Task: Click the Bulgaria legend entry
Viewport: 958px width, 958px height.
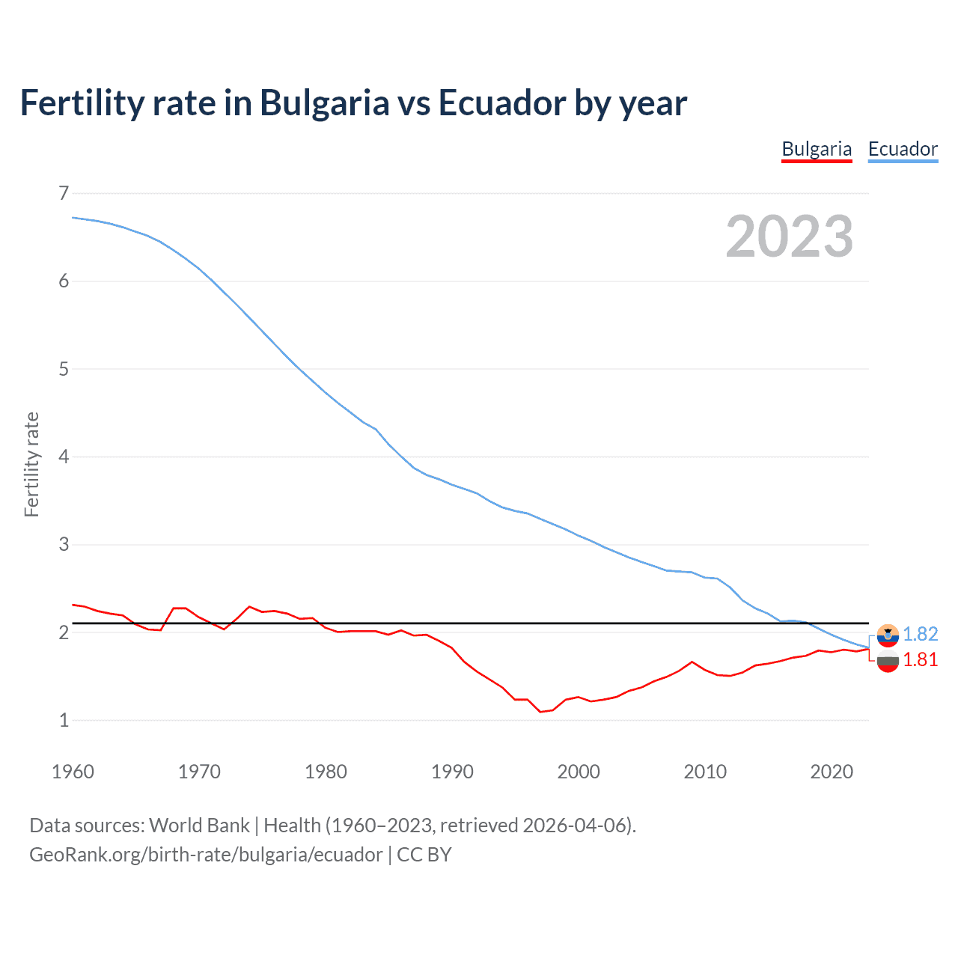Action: pyautogui.click(x=817, y=149)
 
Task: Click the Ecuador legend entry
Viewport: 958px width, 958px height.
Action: pyautogui.click(x=903, y=149)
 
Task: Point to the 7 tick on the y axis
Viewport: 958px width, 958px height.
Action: pyautogui.click(x=64, y=193)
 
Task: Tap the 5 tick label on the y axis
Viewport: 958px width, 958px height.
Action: pyautogui.click(x=64, y=369)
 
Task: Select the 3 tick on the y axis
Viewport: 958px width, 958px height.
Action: pyautogui.click(x=64, y=544)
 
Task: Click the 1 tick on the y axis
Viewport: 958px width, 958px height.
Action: pyautogui.click(x=64, y=720)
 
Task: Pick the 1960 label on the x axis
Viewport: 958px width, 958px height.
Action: pyautogui.click(x=73, y=772)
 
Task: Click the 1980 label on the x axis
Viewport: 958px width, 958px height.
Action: pyautogui.click(x=326, y=772)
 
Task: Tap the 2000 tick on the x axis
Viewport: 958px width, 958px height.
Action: pyautogui.click(x=579, y=772)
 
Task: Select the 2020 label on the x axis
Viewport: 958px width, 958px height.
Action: pyautogui.click(x=832, y=772)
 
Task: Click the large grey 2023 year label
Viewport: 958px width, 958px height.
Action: pyautogui.click(x=790, y=237)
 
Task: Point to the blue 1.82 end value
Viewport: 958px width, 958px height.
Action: pyautogui.click(x=920, y=634)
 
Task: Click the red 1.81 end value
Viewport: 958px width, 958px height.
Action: pyautogui.click(x=920, y=659)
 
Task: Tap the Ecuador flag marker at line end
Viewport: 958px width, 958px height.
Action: pyautogui.click(x=888, y=635)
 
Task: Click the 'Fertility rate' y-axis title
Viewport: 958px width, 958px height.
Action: pyautogui.click(x=31, y=464)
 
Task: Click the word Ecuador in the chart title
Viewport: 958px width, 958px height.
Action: pyautogui.click(x=501, y=103)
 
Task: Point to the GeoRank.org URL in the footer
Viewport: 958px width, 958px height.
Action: pyautogui.click(x=206, y=855)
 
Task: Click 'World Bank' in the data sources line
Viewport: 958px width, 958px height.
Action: pyautogui.click(x=199, y=825)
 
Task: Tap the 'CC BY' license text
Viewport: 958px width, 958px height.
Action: pyautogui.click(x=424, y=855)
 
